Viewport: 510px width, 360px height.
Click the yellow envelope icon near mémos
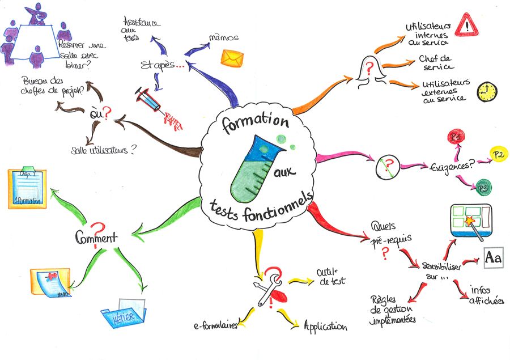pos(232,58)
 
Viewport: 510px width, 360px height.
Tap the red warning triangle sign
pos(467,24)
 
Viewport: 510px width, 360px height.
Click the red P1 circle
pos(455,137)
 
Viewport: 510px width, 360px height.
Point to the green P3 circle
pos(483,188)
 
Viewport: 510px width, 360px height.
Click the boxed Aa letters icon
pos(493,258)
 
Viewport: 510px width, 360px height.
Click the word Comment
pos(96,236)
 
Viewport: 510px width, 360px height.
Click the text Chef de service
pos(435,63)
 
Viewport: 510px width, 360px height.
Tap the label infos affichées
pos(487,296)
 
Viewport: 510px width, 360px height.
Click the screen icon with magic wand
pos(470,221)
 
